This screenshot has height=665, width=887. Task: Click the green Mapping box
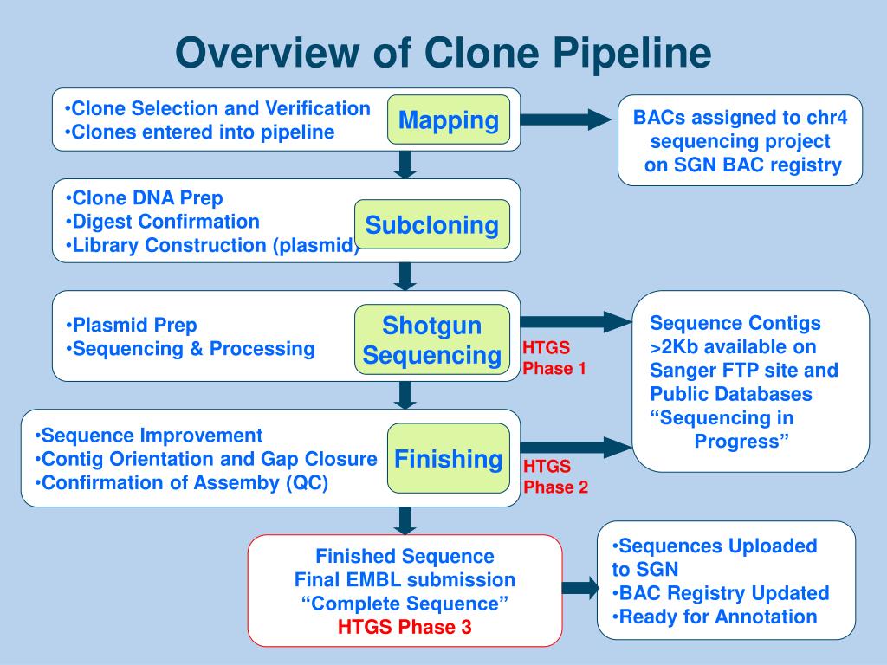pos(448,119)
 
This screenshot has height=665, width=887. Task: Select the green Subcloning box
pos(431,225)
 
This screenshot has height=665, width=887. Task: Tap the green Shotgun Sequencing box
pos(431,340)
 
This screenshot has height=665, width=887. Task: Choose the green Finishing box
pos(448,458)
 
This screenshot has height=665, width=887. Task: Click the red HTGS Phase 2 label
pos(555,477)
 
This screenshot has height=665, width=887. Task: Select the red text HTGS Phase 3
pos(405,627)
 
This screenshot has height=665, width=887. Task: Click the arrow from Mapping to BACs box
pos(567,119)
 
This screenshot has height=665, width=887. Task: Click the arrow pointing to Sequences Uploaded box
pos(579,589)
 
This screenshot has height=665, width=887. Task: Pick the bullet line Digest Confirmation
pos(162,222)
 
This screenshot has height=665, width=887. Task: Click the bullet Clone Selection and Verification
pos(217,108)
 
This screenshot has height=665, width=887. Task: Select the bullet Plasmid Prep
pos(131,326)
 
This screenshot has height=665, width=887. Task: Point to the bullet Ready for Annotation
pos(715,617)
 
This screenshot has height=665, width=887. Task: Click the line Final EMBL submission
pos(405,579)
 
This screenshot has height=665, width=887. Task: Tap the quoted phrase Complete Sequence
pos(405,603)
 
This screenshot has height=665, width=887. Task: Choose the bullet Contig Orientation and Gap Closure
pos(206,459)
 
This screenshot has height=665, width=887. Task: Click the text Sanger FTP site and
pos(744,371)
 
